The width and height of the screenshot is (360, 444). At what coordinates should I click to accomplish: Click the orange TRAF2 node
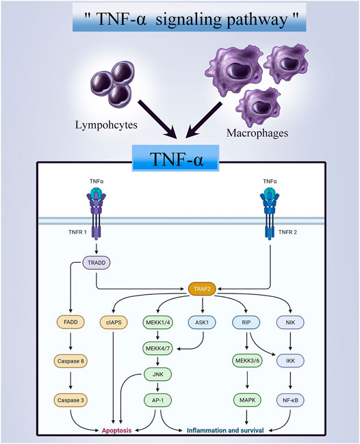coord(202,289)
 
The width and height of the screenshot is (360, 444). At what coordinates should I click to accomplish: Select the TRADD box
coord(97,263)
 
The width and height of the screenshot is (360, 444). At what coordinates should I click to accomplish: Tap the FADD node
coord(70,322)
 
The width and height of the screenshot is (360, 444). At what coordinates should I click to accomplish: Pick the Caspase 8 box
coord(70,361)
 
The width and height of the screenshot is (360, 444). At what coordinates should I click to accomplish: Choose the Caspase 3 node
coord(70,400)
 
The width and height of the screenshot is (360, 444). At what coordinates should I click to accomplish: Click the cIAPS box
coord(114,322)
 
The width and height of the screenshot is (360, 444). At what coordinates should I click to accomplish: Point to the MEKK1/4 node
coord(158,322)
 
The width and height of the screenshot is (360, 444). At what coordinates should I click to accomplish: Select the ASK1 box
coord(202,322)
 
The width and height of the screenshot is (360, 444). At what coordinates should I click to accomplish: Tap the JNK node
coord(158,374)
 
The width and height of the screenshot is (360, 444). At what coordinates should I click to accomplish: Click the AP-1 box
coord(158,400)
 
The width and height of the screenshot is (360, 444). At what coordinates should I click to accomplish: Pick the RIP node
coord(246,322)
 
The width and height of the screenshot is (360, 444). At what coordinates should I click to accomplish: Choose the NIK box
coord(290,322)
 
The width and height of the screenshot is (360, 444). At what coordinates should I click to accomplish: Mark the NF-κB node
coord(290,400)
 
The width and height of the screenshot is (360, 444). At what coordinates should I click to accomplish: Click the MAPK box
coord(247,400)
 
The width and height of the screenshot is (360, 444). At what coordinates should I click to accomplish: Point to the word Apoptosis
coord(117,430)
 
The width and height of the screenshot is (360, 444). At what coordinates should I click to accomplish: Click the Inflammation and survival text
coord(225,430)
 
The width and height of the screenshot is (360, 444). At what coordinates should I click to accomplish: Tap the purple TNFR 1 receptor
coord(97,216)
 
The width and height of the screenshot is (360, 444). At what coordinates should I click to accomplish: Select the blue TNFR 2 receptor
coord(270,216)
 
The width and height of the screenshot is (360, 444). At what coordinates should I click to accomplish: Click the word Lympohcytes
coord(106,125)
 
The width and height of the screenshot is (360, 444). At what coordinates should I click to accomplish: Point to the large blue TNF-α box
coord(176,158)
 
